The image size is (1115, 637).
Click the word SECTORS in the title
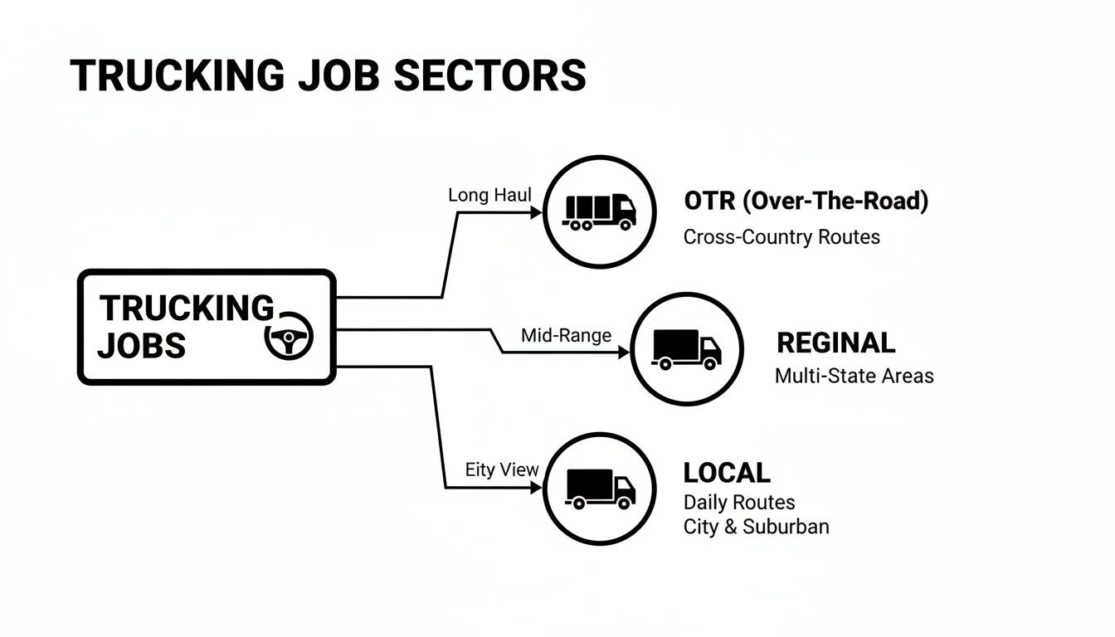click(489, 75)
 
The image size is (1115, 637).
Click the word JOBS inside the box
click(141, 345)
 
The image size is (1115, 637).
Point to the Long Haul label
click(489, 195)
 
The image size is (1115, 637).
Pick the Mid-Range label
click(566, 336)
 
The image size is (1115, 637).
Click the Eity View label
click(502, 469)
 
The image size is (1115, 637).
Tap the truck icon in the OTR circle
click(600, 212)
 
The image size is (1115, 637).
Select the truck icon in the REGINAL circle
click(687, 349)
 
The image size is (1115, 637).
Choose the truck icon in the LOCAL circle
click(601, 488)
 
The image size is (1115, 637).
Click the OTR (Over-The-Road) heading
click(806, 201)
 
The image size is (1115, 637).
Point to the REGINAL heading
click(835, 343)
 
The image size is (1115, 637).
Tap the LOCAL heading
click(727, 473)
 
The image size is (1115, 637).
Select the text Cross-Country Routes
click(781, 236)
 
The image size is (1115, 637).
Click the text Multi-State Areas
click(854, 376)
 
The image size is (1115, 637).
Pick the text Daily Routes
click(739, 503)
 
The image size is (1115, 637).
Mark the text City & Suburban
click(756, 527)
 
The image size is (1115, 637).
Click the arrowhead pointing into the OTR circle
click(536, 212)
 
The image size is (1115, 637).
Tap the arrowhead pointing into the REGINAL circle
click(623, 353)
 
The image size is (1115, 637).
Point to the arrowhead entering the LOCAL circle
click(536, 488)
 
